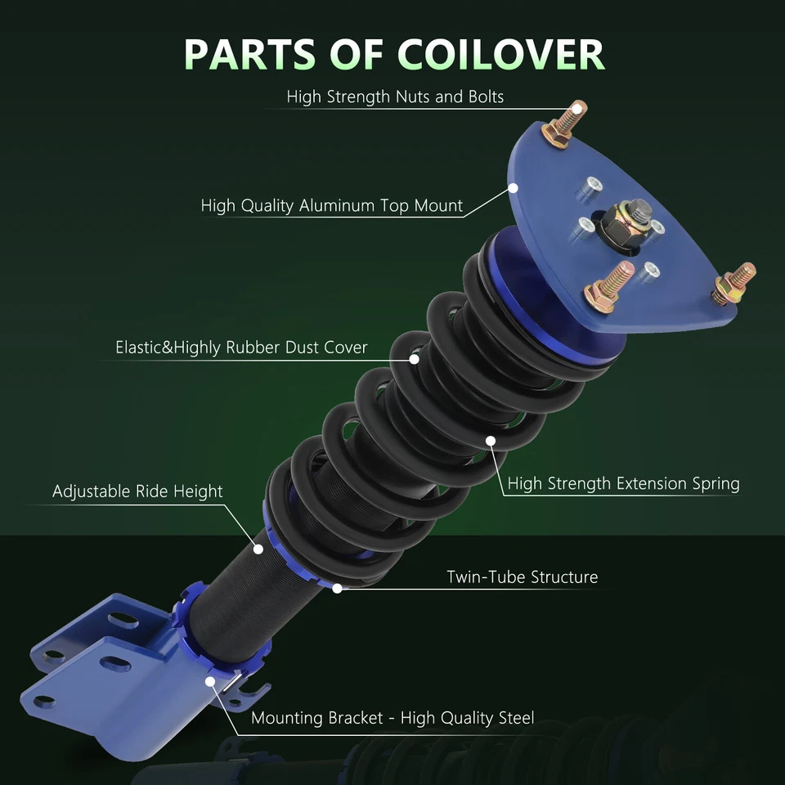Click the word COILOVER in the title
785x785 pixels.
[x=501, y=54]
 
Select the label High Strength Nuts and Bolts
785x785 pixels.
[x=395, y=96]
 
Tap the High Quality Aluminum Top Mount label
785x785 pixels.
[x=332, y=205]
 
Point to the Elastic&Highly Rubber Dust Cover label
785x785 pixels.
[x=242, y=348]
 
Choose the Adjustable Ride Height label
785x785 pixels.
[x=137, y=491]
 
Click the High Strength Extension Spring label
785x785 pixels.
[x=623, y=483]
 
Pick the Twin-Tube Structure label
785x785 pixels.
[x=522, y=577]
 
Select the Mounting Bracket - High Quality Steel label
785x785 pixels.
[x=392, y=719]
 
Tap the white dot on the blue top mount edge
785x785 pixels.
[x=514, y=187]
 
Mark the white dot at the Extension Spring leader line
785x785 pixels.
[x=491, y=442]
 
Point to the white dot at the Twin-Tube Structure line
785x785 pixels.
[x=337, y=587]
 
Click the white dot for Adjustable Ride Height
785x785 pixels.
[x=258, y=549]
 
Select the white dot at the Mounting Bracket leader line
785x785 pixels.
[x=211, y=680]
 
